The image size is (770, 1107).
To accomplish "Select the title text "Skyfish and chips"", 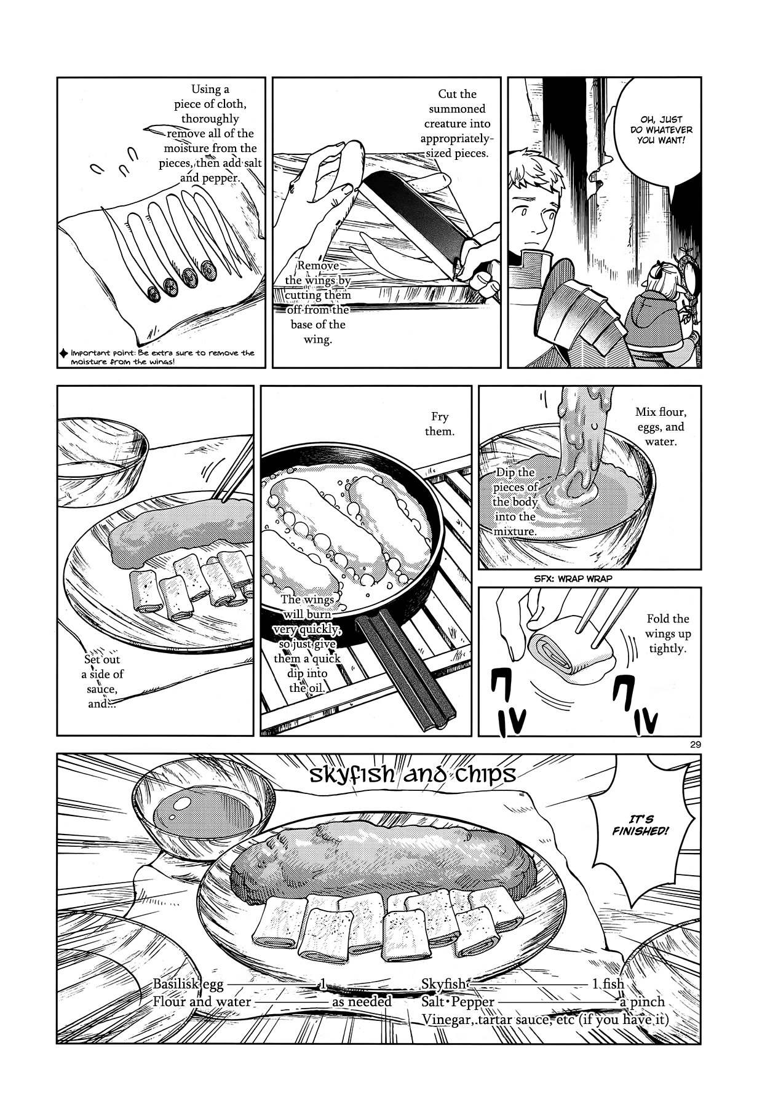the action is [x=404, y=775].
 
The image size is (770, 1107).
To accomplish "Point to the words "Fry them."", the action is [x=439, y=424].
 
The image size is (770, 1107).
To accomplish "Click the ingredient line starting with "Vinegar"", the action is [x=544, y=1019].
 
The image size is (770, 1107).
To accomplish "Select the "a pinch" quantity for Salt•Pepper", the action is [x=642, y=1002].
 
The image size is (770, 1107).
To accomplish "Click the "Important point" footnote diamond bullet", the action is [x=63, y=353].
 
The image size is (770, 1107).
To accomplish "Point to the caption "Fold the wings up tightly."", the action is [x=667, y=633].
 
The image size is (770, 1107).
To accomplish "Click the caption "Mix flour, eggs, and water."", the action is [x=661, y=427].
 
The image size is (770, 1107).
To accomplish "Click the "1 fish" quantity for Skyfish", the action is [x=608, y=984].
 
